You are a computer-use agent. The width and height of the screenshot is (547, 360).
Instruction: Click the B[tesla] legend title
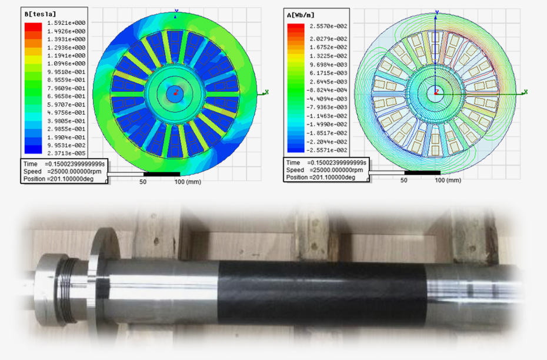coord(40,14)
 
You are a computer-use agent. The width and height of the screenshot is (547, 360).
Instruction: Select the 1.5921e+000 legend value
coord(66,23)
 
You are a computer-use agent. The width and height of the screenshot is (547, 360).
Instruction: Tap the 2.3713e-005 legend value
coord(66,153)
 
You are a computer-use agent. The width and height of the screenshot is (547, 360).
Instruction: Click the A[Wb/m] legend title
coord(301,15)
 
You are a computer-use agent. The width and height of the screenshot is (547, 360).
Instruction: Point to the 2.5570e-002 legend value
coord(328,26)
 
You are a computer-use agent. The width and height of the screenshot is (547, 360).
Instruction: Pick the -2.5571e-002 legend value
coord(327,151)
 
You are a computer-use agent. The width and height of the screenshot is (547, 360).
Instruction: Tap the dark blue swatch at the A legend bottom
coord(296,149)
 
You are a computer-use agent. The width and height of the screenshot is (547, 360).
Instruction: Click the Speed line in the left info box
coord(62,171)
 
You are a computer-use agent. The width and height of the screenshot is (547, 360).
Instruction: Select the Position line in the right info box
coord(321,177)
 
